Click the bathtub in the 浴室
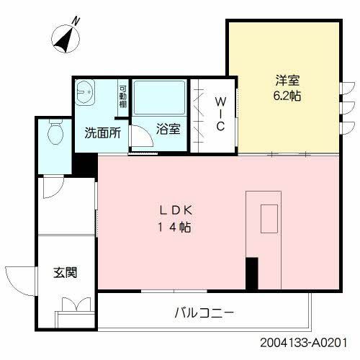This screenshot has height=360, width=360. click(x=160, y=99)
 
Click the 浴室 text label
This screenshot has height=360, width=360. click(x=168, y=130)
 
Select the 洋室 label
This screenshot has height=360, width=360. click(x=284, y=81)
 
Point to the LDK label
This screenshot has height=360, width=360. click(x=175, y=212)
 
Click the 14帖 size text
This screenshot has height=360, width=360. click(x=175, y=228)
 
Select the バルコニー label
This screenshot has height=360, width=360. click(x=204, y=313)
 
